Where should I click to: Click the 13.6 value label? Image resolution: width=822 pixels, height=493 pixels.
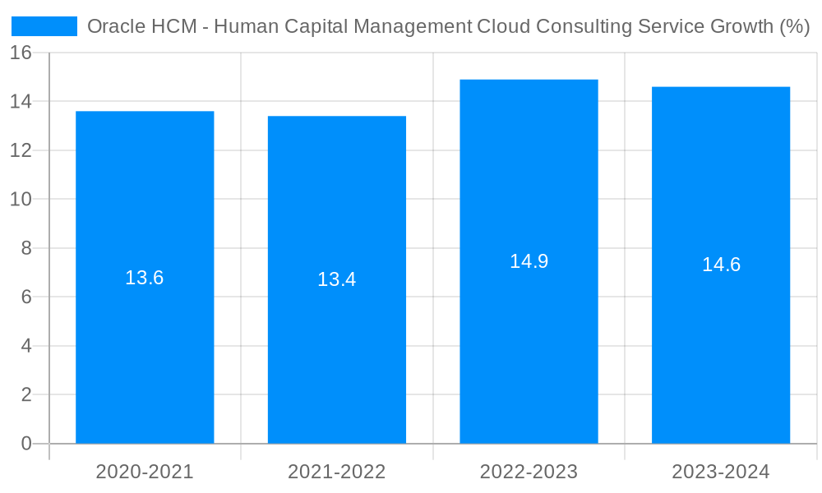(x=145, y=278)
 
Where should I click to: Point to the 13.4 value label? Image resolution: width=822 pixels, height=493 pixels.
(x=337, y=279)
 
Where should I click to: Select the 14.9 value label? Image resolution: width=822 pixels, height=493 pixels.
(x=529, y=261)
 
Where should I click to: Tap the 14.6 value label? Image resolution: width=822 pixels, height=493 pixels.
(x=721, y=265)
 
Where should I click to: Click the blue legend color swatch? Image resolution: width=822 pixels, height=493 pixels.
(x=44, y=26)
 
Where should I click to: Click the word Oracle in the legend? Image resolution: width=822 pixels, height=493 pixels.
(x=113, y=26)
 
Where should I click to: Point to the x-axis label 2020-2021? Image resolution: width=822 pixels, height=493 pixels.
(x=145, y=472)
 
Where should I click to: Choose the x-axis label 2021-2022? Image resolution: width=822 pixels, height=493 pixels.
(x=337, y=472)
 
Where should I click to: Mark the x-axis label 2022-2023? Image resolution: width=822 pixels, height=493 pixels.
(x=529, y=472)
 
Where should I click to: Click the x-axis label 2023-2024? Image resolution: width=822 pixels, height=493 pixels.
(x=721, y=472)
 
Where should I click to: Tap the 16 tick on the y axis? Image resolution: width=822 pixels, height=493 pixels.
(x=21, y=53)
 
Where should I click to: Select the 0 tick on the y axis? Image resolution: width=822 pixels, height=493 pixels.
(x=26, y=444)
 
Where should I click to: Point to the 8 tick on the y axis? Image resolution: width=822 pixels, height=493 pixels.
(x=26, y=248)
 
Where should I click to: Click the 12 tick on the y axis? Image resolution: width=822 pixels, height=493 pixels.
(x=21, y=150)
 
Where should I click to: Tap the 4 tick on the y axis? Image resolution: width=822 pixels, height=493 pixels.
(x=26, y=346)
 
